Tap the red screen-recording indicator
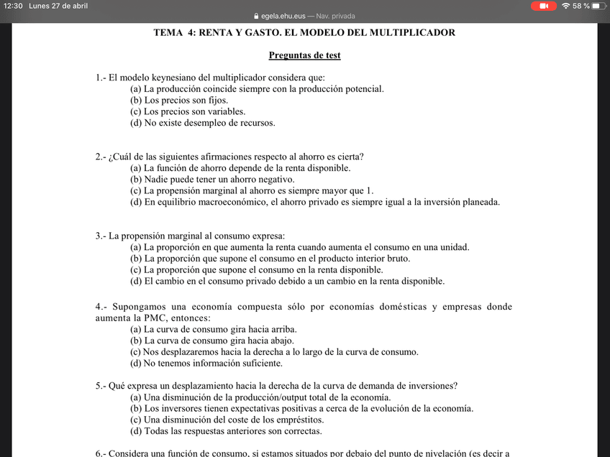point(543,6)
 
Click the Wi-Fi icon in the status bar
point(565,6)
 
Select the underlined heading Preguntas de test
point(304,55)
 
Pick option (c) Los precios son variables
point(188,111)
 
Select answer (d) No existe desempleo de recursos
point(202,123)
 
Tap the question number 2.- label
point(101,157)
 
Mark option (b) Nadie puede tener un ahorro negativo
point(212,180)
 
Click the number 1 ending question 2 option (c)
point(370,191)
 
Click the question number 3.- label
point(101,236)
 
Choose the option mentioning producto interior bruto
point(270,259)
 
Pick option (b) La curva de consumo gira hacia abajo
point(213,341)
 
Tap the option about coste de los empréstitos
point(227,420)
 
